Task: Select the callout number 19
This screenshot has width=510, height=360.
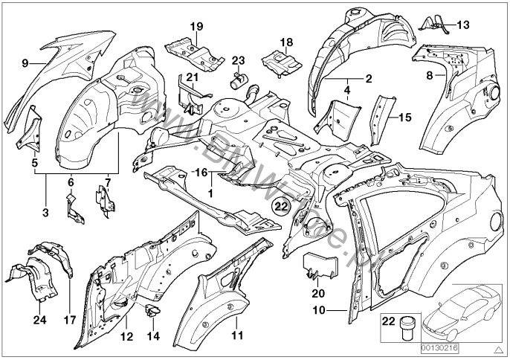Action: (x=196, y=27)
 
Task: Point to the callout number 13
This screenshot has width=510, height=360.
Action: (x=462, y=25)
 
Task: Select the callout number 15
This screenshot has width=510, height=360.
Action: (x=404, y=118)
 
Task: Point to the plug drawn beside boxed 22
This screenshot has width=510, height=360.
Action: (x=407, y=329)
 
